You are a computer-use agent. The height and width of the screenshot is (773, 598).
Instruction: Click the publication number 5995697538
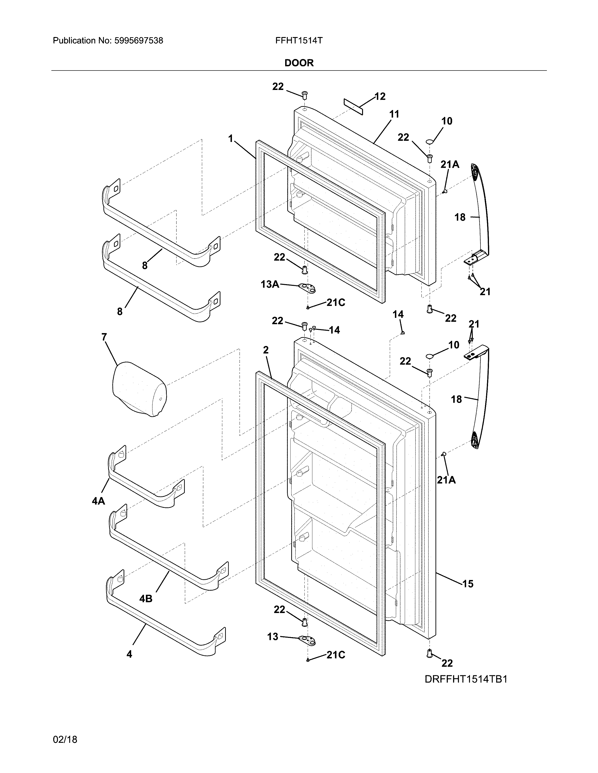pyautogui.click(x=139, y=41)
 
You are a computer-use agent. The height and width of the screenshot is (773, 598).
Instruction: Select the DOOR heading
pyautogui.click(x=299, y=63)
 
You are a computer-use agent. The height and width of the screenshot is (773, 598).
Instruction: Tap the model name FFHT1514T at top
pyautogui.click(x=299, y=41)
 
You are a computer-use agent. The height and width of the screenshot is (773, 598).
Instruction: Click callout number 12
pyautogui.click(x=380, y=97)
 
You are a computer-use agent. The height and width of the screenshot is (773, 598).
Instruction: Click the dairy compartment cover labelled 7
pyautogui.click(x=139, y=389)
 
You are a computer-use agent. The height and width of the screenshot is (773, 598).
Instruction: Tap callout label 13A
pyautogui.click(x=270, y=284)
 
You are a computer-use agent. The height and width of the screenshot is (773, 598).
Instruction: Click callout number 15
pyautogui.click(x=468, y=584)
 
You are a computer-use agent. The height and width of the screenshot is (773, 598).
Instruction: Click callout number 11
pyautogui.click(x=394, y=114)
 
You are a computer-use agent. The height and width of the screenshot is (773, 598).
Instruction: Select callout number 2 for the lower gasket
pyautogui.click(x=266, y=350)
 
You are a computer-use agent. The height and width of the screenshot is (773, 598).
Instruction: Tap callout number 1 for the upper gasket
pyautogui.click(x=231, y=139)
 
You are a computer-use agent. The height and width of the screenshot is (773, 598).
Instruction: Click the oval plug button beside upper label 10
pyautogui.click(x=430, y=141)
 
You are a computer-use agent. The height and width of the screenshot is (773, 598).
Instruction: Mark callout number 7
pyautogui.click(x=104, y=337)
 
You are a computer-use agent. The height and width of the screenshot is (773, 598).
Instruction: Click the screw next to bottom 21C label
pyautogui.click(x=308, y=660)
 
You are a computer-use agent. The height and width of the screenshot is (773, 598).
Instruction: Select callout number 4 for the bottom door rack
pyautogui.click(x=129, y=654)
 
